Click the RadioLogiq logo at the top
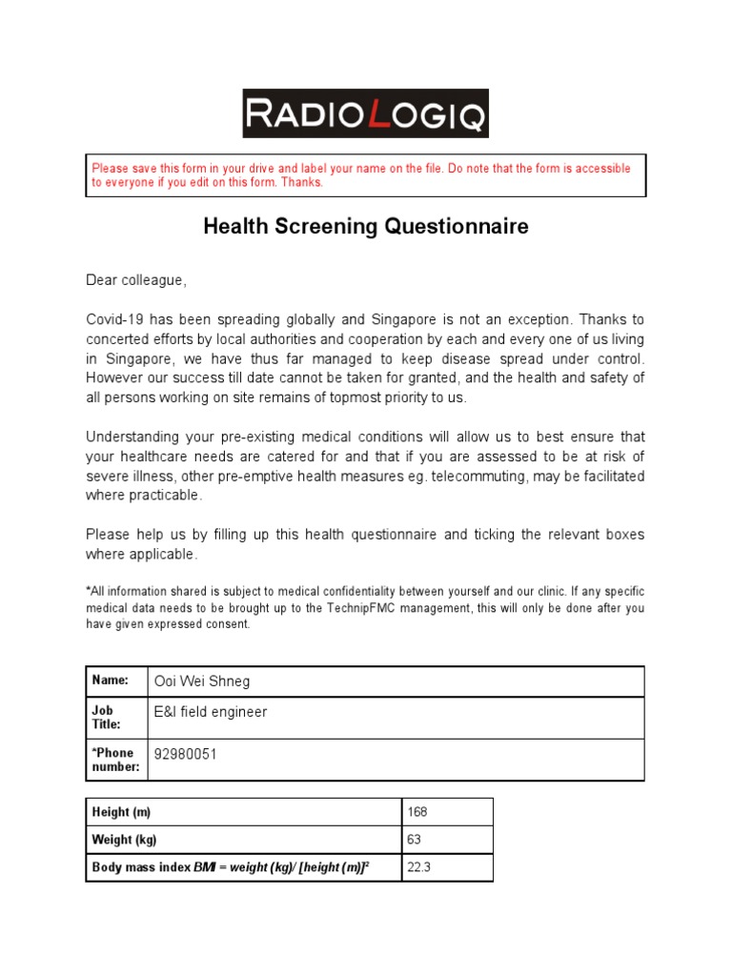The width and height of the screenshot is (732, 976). (365, 113)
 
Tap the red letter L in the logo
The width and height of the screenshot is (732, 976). (378, 114)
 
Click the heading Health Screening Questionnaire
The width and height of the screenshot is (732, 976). (365, 227)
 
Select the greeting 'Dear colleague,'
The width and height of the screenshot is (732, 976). (137, 280)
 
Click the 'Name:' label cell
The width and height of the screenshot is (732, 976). (110, 681)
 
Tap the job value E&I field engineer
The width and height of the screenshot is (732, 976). (210, 712)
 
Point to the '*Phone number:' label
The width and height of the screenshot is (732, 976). (114, 760)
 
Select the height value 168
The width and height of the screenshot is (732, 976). (417, 812)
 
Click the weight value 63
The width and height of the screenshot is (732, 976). (414, 840)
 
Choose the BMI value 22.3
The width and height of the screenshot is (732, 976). (419, 867)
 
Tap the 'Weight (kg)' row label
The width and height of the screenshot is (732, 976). (124, 840)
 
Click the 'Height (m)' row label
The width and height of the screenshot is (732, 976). (121, 812)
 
